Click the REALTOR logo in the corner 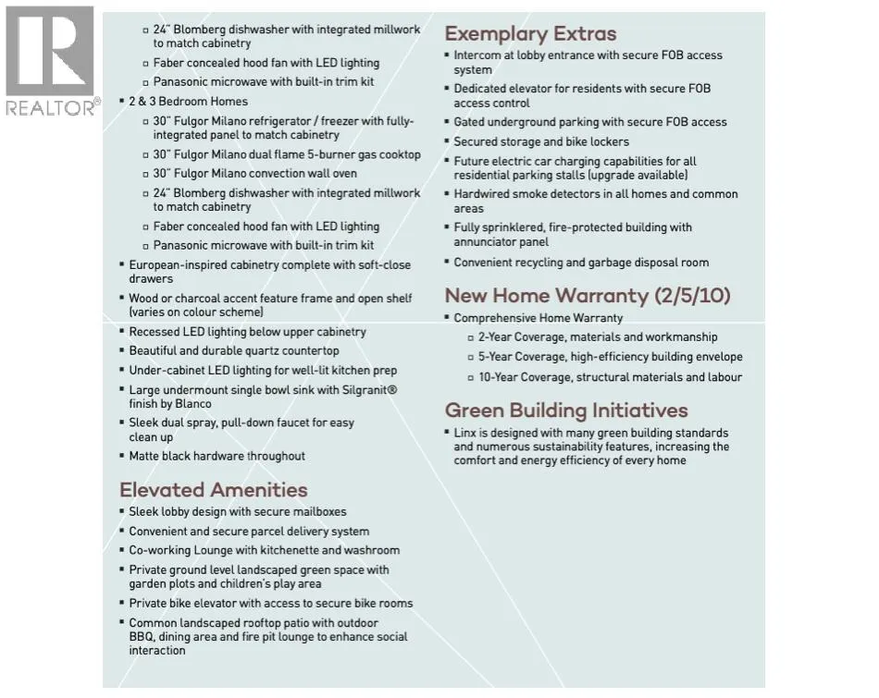[50, 61]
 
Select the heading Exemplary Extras [530, 34]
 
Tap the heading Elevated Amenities [213, 490]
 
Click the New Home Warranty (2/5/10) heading [588, 296]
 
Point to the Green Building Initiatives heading [566, 410]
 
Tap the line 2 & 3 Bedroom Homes [188, 102]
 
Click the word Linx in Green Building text [465, 433]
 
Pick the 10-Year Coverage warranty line [610, 377]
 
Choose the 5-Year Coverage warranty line [610, 357]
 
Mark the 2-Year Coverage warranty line [597, 337]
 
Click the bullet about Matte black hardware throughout [217, 456]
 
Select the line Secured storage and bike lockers [540, 142]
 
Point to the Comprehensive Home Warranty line [538, 318]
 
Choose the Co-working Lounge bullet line [264, 550]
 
